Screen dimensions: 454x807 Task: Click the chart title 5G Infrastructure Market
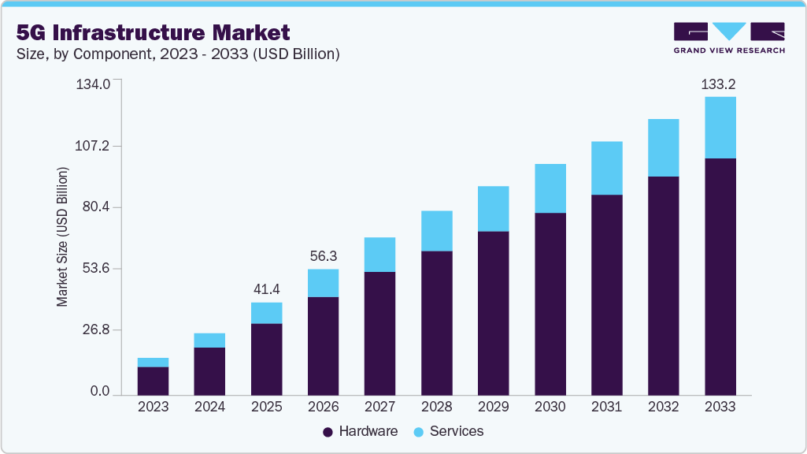click(x=153, y=32)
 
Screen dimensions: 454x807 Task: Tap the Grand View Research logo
click(x=728, y=38)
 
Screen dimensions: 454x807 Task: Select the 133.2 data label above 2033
click(x=720, y=84)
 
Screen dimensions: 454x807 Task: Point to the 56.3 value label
click(x=323, y=256)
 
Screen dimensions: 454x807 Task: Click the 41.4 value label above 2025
click(x=266, y=289)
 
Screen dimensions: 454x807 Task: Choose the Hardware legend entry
click(x=360, y=431)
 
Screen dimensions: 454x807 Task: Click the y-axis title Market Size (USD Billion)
click(x=61, y=237)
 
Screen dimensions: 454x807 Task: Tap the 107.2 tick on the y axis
click(x=94, y=146)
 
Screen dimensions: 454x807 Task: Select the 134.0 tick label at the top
click(x=94, y=84)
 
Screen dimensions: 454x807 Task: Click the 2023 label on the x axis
click(x=153, y=407)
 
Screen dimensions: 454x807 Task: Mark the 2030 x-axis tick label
click(x=550, y=407)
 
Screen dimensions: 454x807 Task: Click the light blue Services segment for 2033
click(x=720, y=128)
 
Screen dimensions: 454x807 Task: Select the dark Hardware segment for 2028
click(x=436, y=322)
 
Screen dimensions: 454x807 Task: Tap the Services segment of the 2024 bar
click(x=209, y=340)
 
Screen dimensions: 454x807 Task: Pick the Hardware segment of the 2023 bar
click(x=153, y=381)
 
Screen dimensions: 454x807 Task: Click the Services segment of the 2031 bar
click(x=606, y=168)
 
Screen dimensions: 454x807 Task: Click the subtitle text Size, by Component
click(x=178, y=54)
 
